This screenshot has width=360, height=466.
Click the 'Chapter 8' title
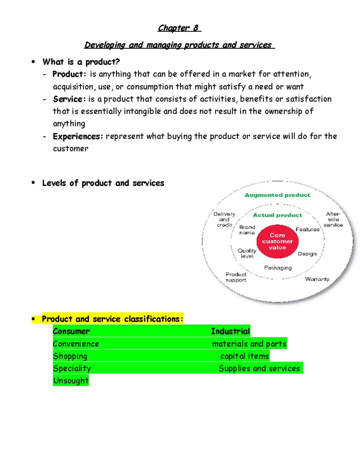[x=179, y=28]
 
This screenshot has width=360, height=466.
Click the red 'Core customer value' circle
[x=277, y=241]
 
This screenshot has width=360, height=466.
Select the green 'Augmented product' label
[x=277, y=195]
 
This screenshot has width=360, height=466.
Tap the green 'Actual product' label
[x=277, y=215]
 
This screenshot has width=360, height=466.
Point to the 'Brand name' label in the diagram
[x=247, y=230]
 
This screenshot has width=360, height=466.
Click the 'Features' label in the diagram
[x=307, y=230]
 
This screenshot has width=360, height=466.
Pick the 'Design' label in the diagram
[x=307, y=254]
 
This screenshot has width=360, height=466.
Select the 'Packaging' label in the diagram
[x=278, y=268]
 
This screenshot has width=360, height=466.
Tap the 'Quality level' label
[x=247, y=253]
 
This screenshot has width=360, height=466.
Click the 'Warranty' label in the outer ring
[x=317, y=279]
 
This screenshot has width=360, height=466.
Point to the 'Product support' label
[x=236, y=277]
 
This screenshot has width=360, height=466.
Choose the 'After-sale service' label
[x=333, y=219]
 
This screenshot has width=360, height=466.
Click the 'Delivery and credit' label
[x=224, y=219]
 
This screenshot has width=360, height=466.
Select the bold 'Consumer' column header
[x=71, y=331]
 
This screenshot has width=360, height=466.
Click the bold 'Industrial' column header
[x=230, y=331]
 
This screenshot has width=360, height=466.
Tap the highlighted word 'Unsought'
[x=71, y=380]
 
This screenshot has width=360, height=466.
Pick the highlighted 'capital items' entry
[x=244, y=356]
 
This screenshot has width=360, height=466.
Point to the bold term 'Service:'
[x=69, y=99]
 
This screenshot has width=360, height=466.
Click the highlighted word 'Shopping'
[x=70, y=356]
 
